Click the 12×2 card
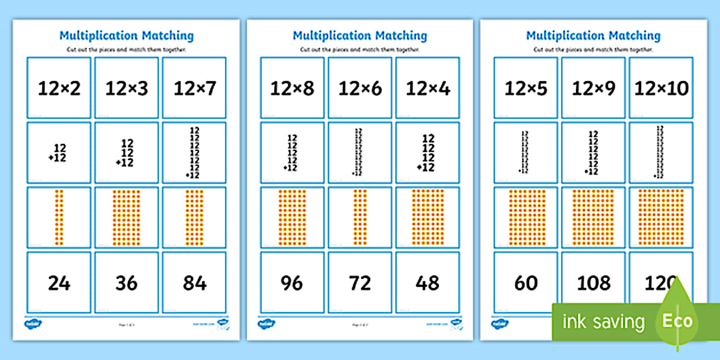59,88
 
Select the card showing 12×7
194,88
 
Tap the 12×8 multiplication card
292,88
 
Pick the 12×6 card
360,88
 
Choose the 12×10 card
661,88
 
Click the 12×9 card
593,88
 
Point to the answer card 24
59,282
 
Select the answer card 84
194,282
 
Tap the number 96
292,282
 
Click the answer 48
427,282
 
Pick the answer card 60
526,282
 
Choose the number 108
593,282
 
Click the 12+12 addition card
59,153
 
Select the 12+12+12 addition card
126,153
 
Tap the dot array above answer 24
59,218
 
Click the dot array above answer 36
126,218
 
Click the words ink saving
603,321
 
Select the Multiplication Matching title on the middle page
360,35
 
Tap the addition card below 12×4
427,153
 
